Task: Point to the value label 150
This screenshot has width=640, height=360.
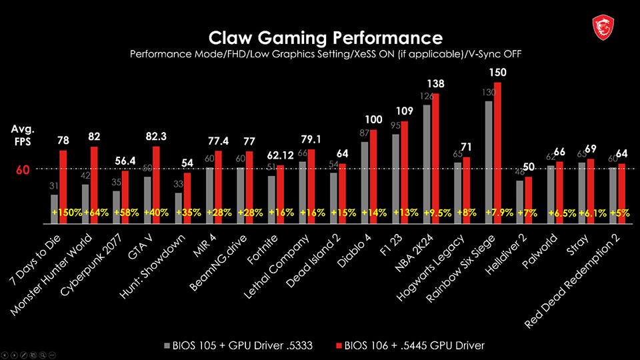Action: [x=497, y=72]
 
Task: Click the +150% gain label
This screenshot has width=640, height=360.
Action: [x=67, y=213]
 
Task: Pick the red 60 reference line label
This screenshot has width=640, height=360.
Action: [x=23, y=170]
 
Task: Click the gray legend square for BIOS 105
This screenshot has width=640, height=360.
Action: [x=167, y=345]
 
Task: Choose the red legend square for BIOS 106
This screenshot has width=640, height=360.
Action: [x=338, y=345]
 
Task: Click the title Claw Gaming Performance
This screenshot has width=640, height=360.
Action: [x=325, y=37]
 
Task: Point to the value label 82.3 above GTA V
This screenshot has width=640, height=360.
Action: [x=155, y=136]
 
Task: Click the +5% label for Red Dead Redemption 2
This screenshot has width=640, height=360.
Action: [x=620, y=213]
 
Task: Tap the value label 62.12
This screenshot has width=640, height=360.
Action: [x=279, y=155]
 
